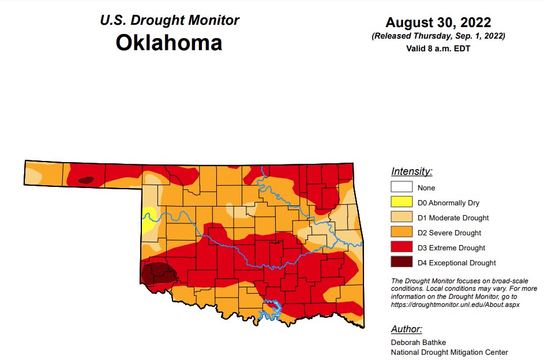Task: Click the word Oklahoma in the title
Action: click(x=168, y=43)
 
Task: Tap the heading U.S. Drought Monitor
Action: click(x=170, y=20)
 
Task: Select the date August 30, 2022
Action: click(x=438, y=22)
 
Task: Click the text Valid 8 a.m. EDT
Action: click(x=438, y=48)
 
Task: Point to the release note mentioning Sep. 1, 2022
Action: click(x=438, y=36)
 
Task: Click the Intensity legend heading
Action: click(x=411, y=171)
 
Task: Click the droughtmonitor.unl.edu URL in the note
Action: click(x=455, y=305)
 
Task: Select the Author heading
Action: click(x=407, y=329)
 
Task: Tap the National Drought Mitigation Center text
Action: click(x=449, y=352)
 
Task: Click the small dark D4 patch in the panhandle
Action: click(x=86, y=180)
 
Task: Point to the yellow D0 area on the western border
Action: click(x=148, y=219)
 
